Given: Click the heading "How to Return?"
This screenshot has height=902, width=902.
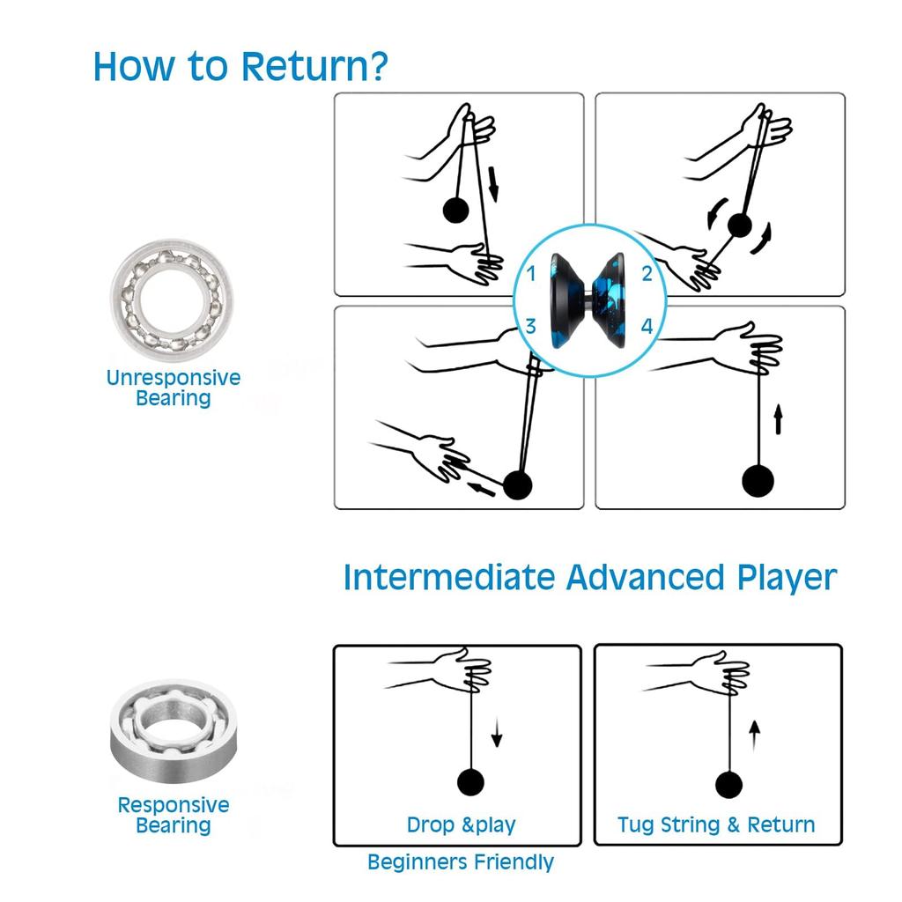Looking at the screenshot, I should pos(240,67).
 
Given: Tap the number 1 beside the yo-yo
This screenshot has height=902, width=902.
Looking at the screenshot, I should pos(531,274).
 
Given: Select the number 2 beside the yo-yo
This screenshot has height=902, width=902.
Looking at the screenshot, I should pos(647,274).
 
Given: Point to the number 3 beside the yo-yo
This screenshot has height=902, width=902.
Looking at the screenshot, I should pos(531,327).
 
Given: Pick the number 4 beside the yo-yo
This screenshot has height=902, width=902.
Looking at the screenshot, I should pos(647,327).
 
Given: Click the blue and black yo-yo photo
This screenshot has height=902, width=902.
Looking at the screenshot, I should pos(589,299).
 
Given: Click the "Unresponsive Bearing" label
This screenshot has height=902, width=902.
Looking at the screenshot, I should pos(173,388).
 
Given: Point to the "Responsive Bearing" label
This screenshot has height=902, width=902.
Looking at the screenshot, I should pos(173,815).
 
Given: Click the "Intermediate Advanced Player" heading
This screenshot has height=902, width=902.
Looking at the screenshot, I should pos(589,578).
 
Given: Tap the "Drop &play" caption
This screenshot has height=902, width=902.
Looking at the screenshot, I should pos(461,825).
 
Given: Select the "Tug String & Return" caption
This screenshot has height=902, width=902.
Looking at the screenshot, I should pos(716,825).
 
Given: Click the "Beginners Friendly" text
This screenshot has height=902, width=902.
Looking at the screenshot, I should pos(461,861).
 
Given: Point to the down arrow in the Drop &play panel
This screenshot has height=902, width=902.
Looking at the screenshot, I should pos(496,733).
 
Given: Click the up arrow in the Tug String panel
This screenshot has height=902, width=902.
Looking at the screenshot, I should pos(754,734).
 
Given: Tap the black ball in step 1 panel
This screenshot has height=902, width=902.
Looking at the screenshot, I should pos(455,210).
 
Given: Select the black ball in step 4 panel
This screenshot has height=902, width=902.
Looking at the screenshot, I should pos(758,480).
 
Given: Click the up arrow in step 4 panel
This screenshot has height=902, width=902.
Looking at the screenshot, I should pos(778,418).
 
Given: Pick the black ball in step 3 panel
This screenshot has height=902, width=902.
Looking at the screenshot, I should pos(518,485).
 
